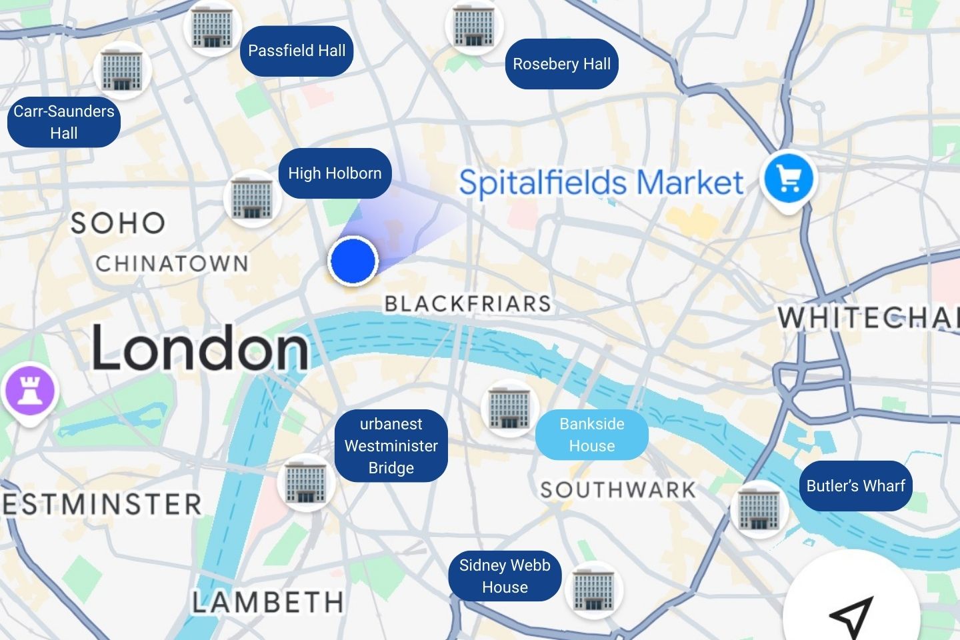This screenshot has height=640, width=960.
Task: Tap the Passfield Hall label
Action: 297,51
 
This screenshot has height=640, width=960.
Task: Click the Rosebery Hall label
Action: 561,64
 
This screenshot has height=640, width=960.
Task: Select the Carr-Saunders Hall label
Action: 64,122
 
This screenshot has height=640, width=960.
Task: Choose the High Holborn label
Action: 335,173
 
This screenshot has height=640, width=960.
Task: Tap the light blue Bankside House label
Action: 591,435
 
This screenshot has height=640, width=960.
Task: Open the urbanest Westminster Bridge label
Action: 391,445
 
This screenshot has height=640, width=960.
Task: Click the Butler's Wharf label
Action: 855,485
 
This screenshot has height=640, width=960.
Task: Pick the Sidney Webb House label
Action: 505,576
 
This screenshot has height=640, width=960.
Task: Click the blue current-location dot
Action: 353,261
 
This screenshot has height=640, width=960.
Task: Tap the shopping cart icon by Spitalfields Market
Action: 789,179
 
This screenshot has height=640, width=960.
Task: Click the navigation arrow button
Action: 851,613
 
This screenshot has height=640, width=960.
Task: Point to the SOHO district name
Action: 118,223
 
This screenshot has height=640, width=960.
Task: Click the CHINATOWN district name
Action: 172,263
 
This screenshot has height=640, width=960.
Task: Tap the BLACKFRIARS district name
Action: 468,304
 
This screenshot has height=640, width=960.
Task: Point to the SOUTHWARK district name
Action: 618,490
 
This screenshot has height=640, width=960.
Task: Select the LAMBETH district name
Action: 268,603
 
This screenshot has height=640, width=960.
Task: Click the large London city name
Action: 200,348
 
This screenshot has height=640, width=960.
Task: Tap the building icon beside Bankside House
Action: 509,407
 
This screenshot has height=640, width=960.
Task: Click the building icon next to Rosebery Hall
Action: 474,25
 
